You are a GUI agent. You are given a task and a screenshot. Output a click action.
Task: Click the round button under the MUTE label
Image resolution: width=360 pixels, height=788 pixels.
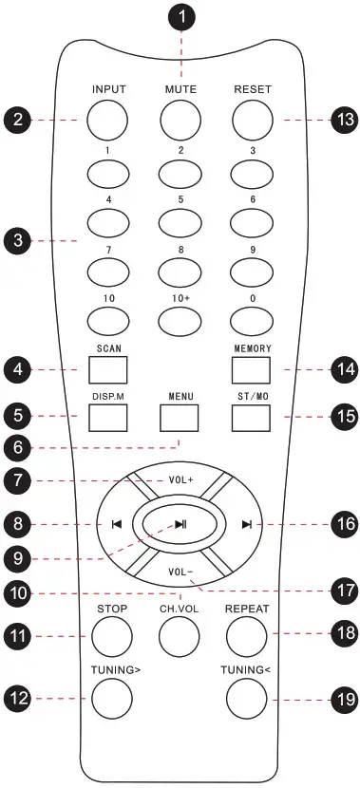(x=180, y=119)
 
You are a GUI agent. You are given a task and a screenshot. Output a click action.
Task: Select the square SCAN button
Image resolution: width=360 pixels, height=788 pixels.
(x=108, y=368)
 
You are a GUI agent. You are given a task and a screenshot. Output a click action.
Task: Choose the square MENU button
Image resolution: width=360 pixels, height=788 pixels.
(x=180, y=417)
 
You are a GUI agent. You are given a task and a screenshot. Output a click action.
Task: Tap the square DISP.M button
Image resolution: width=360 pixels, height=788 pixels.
(x=108, y=416)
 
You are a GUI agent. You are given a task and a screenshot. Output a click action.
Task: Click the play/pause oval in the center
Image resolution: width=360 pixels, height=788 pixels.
(x=180, y=522)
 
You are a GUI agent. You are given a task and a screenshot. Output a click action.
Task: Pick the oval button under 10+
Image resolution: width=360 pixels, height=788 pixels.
(x=180, y=321)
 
